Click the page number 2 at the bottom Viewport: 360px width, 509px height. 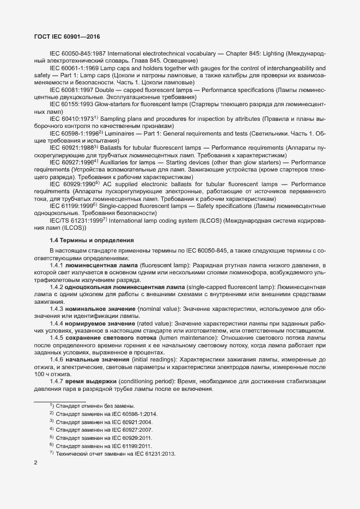click(x=35, y=463)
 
